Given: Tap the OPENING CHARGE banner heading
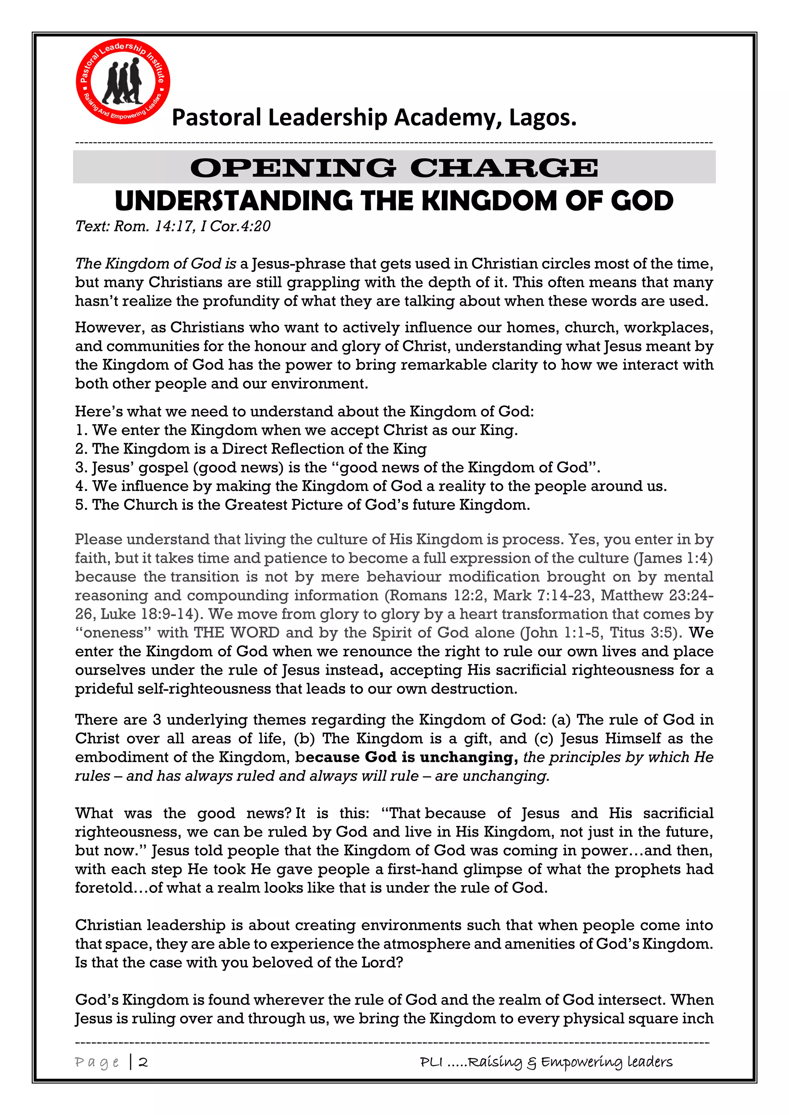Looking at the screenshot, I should click(x=394, y=167).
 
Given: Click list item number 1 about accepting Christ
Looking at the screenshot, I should click(x=296, y=430).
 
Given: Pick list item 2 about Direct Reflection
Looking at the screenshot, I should click(x=251, y=449).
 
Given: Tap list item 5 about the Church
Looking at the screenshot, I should click(x=302, y=505).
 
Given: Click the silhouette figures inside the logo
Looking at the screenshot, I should click(x=123, y=82).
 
